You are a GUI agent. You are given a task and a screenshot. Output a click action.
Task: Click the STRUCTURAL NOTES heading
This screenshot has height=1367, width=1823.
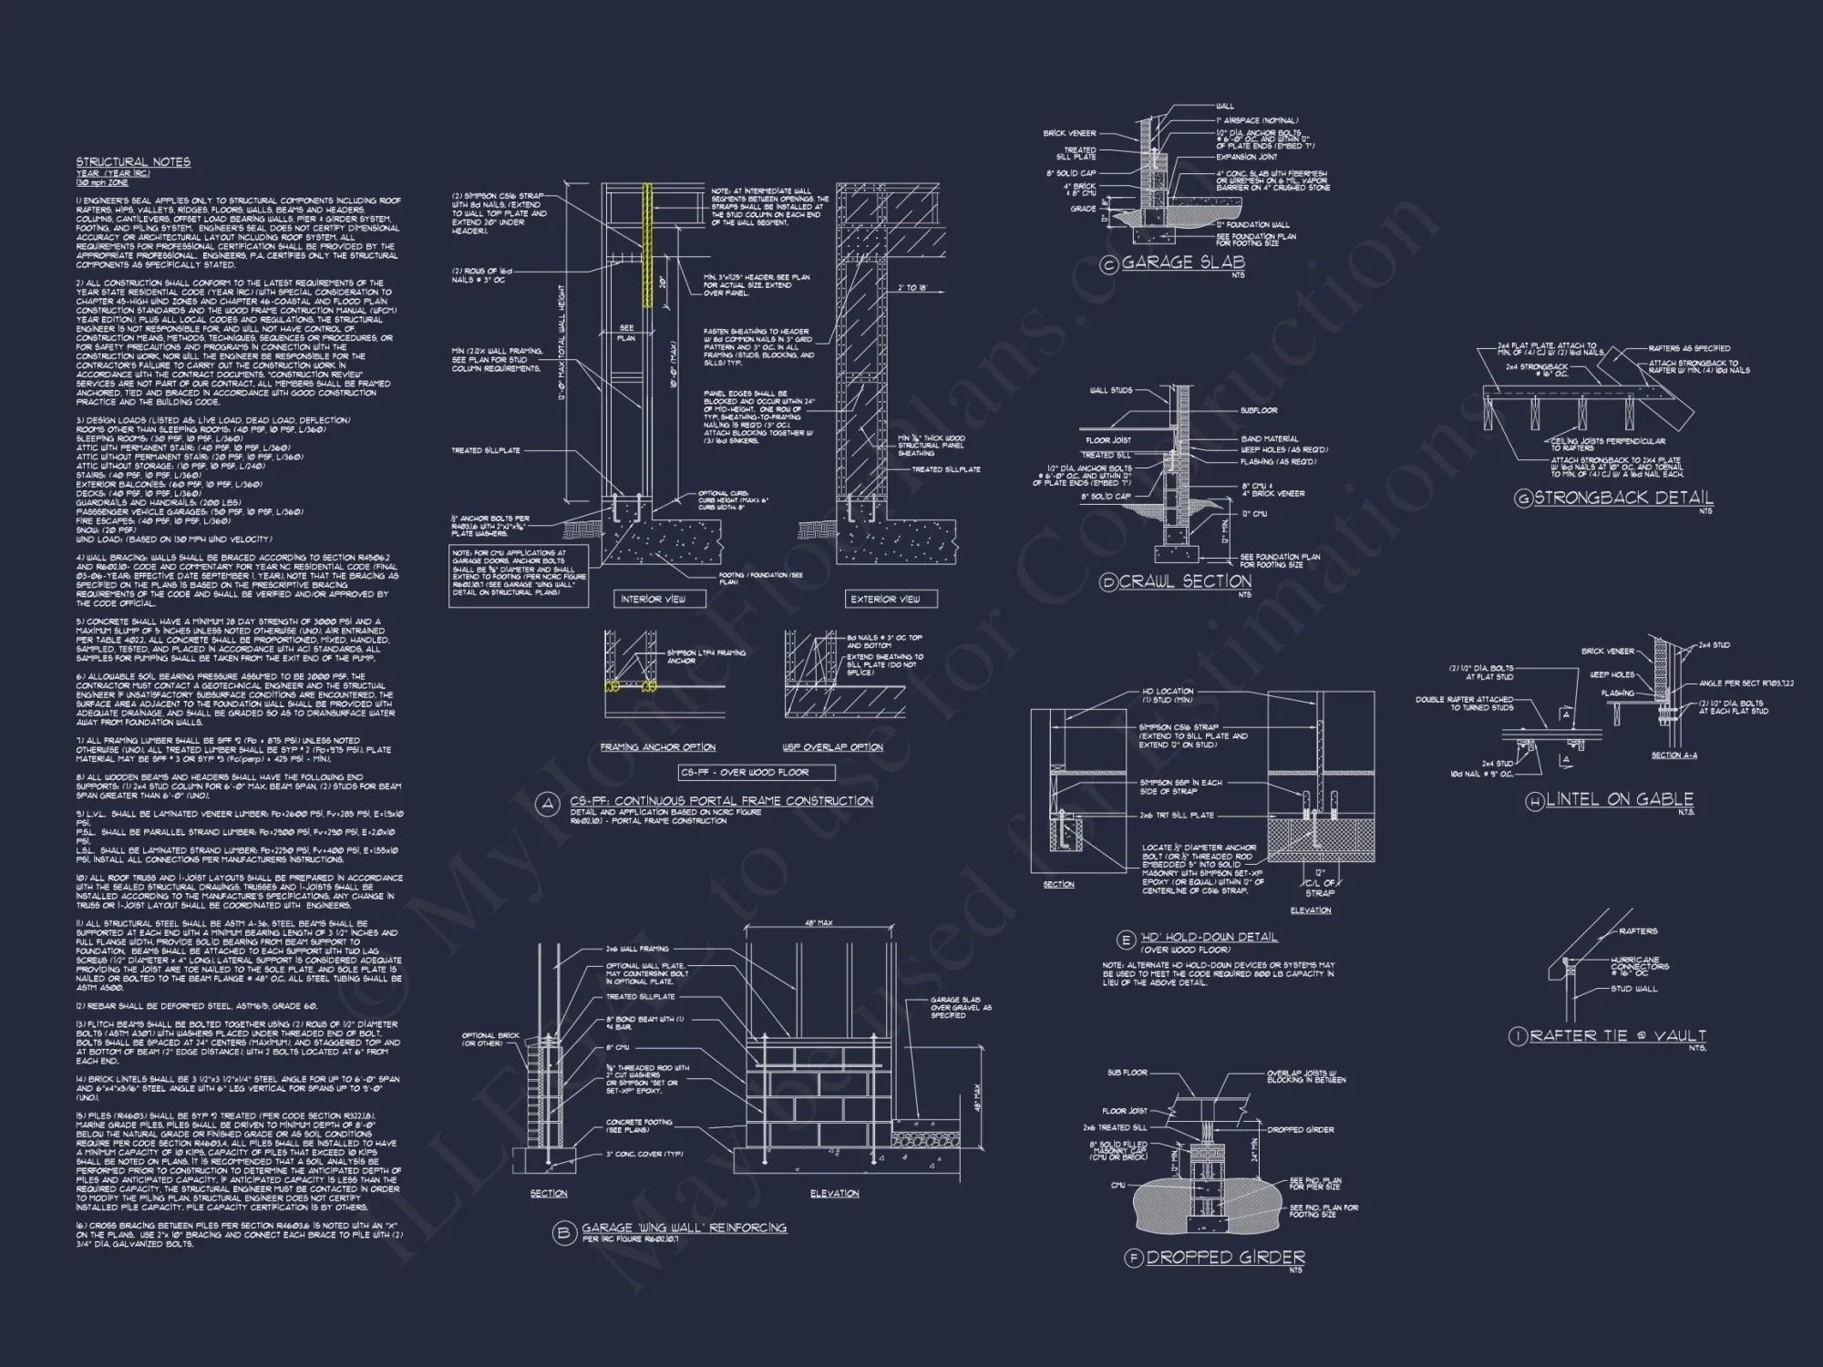(x=133, y=162)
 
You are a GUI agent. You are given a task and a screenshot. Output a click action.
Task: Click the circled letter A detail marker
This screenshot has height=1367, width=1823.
(x=548, y=805)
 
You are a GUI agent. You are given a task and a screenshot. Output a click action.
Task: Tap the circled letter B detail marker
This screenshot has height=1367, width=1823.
(x=563, y=1233)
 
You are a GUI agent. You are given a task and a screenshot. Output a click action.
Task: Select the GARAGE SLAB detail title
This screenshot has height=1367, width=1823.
(x=1182, y=262)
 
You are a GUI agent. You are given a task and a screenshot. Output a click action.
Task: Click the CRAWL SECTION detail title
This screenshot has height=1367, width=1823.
(x=1185, y=581)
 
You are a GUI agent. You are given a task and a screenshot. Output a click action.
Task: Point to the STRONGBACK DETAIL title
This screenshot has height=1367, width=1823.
(x=1623, y=498)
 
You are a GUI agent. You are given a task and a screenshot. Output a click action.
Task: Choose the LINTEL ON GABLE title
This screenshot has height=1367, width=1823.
(x=1619, y=799)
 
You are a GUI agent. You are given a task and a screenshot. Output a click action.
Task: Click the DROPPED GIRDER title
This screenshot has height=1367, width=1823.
(x=1225, y=1258)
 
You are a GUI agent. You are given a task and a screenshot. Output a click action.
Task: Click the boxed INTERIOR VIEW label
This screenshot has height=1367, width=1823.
(x=653, y=599)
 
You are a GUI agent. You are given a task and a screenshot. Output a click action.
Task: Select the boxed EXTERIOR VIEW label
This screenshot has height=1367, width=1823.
(x=885, y=599)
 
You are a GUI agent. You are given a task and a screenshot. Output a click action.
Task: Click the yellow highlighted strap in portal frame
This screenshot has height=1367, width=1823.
(x=648, y=246)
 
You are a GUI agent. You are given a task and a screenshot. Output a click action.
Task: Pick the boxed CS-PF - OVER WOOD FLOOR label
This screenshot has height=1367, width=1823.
(x=757, y=773)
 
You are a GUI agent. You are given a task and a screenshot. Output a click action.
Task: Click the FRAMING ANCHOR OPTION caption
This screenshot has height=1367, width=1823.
(x=657, y=747)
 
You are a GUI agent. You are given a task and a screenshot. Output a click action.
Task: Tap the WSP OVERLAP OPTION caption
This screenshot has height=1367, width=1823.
(x=832, y=747)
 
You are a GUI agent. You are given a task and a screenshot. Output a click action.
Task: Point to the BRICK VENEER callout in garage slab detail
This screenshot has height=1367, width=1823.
(x=1069, y=133)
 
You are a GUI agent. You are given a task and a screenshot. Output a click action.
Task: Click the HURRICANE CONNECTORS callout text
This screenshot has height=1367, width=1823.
(x=1635, y=963)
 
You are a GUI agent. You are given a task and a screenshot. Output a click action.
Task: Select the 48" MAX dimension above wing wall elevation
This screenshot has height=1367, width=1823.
(x=818, y=923)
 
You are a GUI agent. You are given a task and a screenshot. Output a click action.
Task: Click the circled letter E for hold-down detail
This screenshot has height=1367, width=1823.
(x=1127, y=940)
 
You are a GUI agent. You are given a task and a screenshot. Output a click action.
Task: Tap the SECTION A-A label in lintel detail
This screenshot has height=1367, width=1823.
(x=1674, y=755)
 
